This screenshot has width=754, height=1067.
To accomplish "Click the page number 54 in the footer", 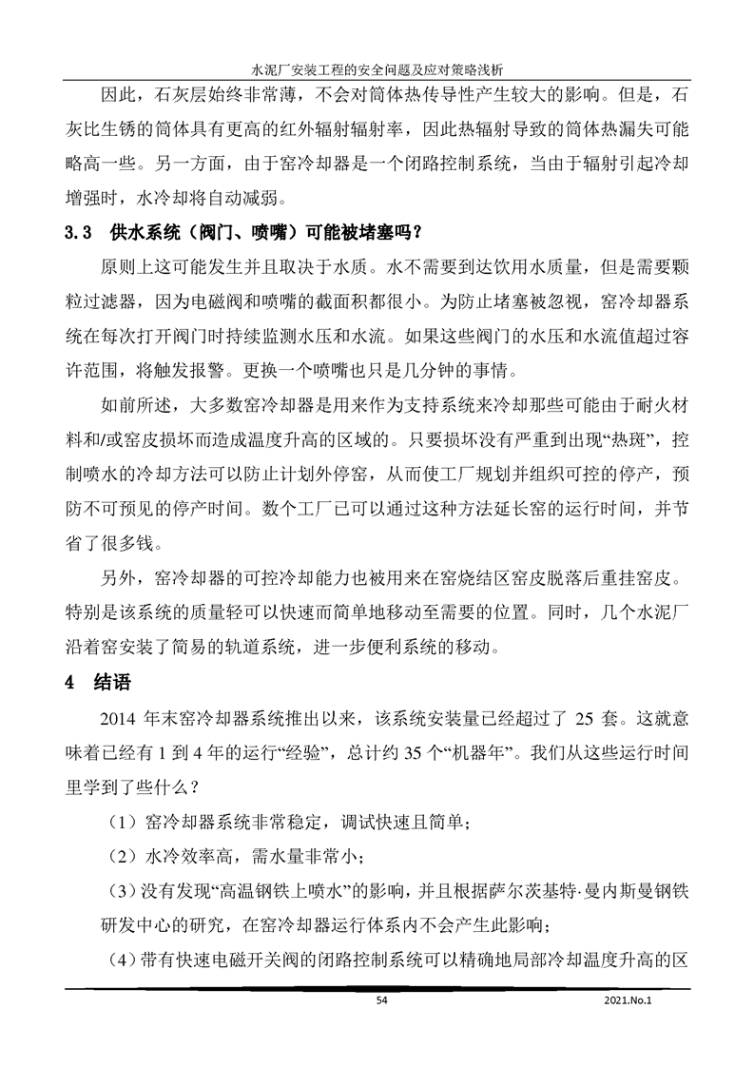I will coord(382,1000).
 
